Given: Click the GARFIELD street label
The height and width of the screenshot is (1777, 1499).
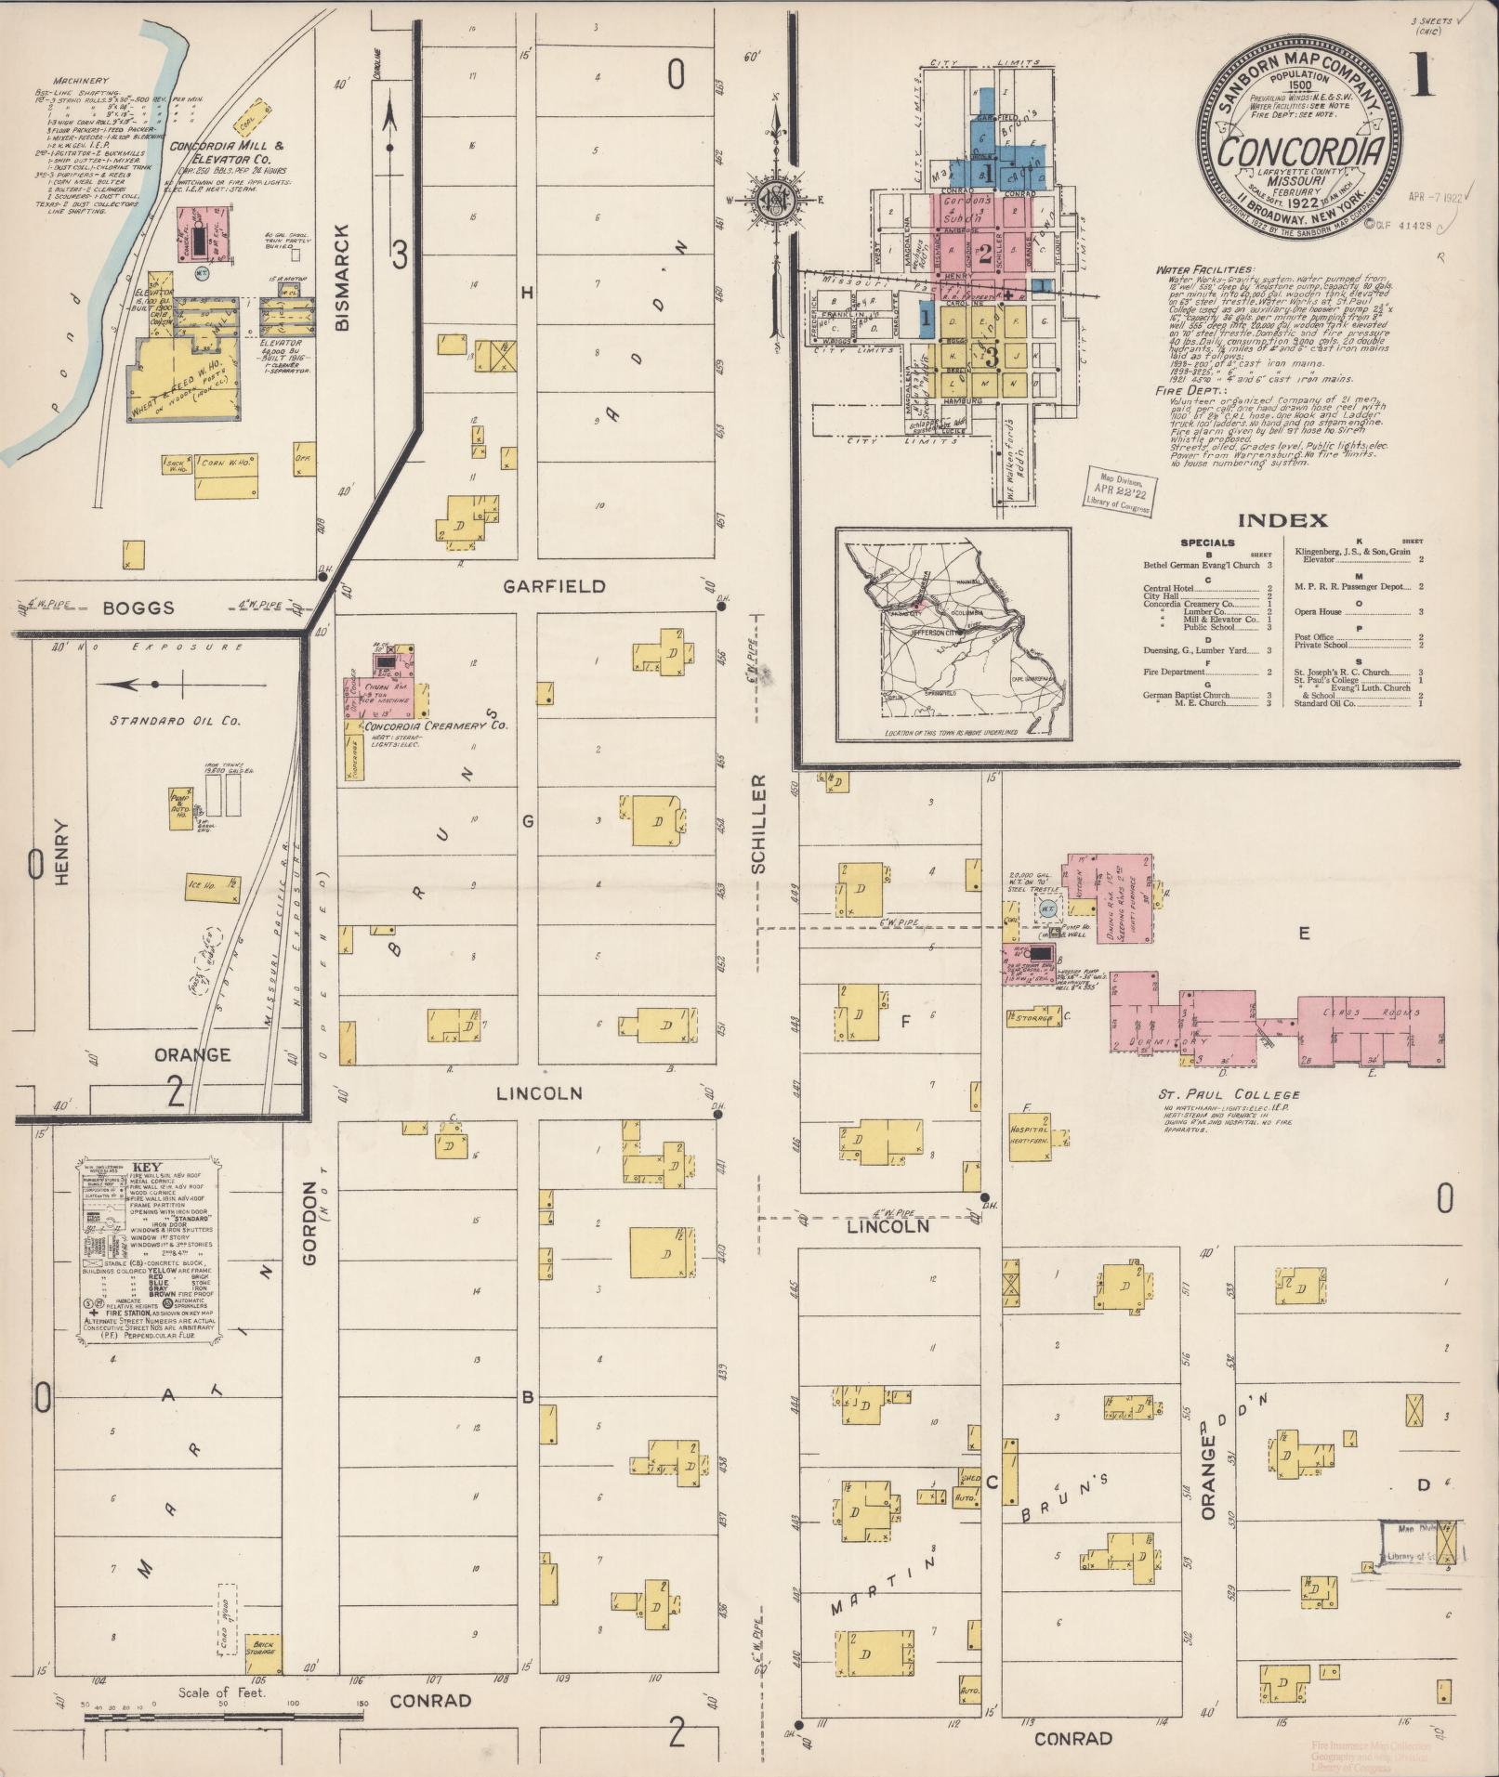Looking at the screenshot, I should point(554,586).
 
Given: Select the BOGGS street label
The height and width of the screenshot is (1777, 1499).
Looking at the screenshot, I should point(138,608).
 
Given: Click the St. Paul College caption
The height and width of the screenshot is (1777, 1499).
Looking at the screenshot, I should point(1216,1095).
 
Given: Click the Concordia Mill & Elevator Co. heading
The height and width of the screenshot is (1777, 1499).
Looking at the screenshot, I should point(227,152).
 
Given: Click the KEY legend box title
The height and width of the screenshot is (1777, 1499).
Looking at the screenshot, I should point(148,1168).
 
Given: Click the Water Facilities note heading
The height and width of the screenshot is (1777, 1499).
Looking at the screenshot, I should point(1192,270).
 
